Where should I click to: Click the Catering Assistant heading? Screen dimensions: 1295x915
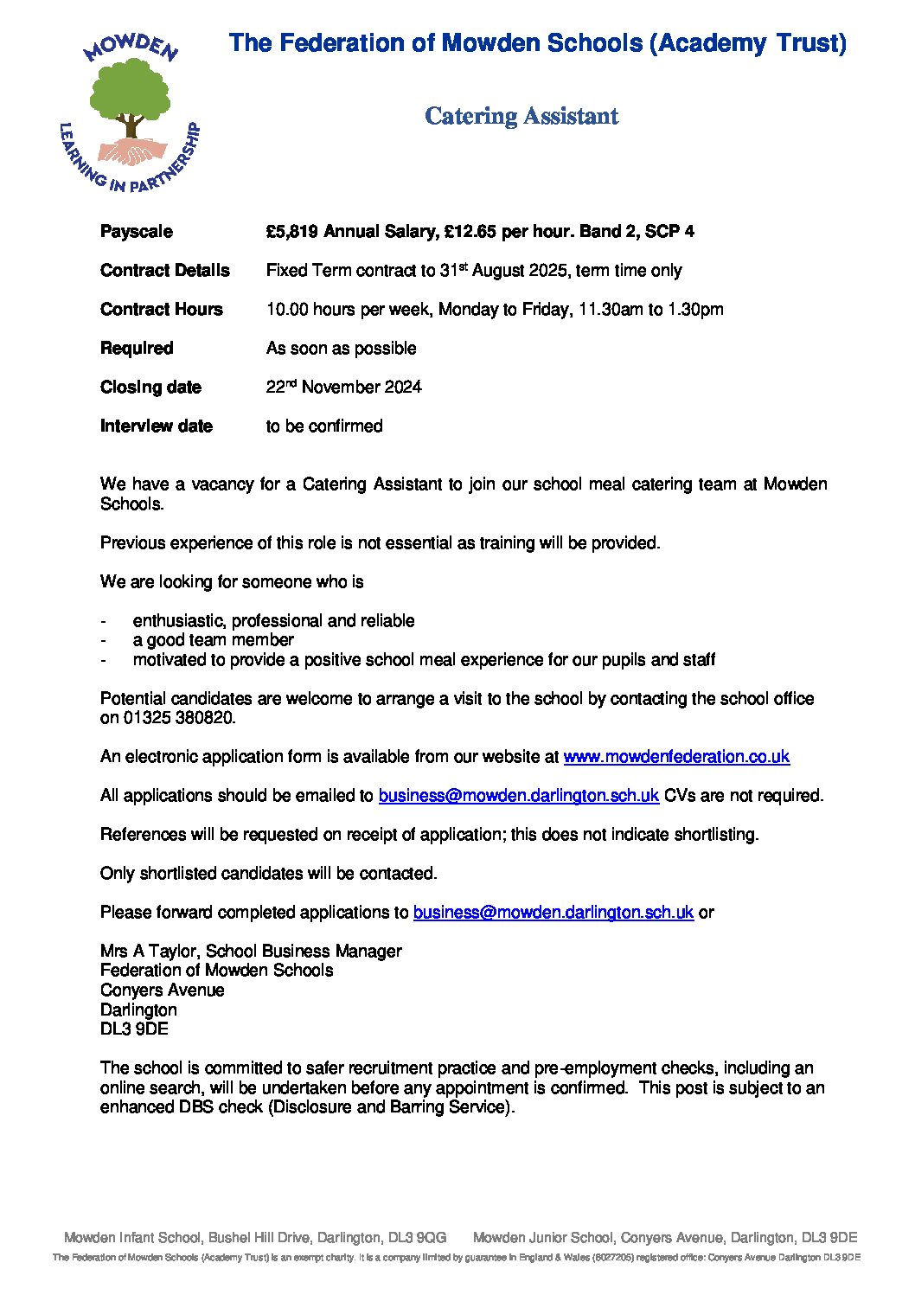point(521,116)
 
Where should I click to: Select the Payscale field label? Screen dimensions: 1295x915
point(137,232)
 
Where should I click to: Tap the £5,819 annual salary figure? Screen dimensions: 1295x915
point(293,232)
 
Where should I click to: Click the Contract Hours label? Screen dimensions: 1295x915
point(162,310)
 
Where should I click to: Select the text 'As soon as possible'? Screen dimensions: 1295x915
point(341,349)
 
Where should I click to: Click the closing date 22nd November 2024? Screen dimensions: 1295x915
point(343,388)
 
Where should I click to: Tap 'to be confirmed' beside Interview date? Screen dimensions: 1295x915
point(324,426)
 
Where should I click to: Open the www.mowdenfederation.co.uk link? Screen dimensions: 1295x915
point(676,757)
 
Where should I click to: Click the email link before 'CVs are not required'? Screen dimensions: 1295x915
point(519,796)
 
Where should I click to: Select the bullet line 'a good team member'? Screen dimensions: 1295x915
point(213,640)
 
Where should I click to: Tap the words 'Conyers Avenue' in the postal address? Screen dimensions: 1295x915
point(162,990)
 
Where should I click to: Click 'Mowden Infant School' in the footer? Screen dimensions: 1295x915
point(134,1238)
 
